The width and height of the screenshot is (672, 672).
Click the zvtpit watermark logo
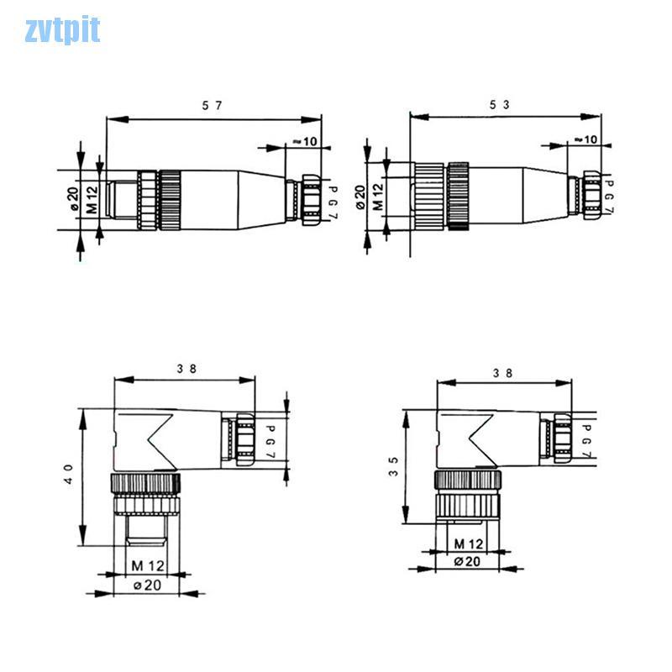point(62,30)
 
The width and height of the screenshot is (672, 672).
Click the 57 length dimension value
point(213,105)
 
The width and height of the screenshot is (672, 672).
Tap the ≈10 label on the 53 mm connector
point(585,139)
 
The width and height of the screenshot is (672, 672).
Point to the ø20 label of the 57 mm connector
point(73,200)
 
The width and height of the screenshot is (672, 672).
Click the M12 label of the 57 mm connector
point(92,200)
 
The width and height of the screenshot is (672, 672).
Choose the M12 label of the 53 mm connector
point(378,199)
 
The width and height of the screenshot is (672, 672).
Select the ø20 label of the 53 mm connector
point(360,199)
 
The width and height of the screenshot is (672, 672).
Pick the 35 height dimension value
point(393,466)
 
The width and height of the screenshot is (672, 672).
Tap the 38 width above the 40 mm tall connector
point(186,368)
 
